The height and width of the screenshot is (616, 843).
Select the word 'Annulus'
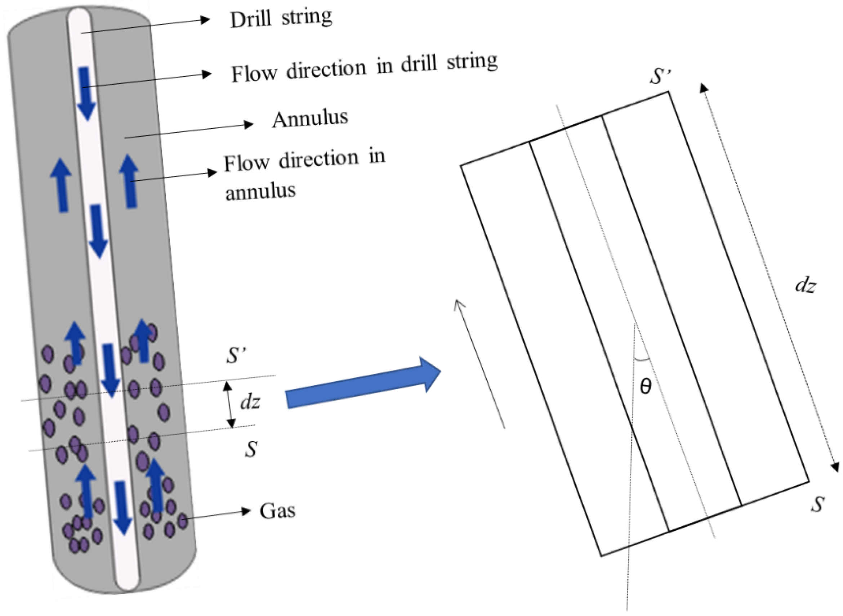[x=310, y=119]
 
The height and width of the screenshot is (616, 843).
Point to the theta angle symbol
[x=645, y=386]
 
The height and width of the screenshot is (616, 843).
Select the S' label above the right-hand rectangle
[x=660, y=76]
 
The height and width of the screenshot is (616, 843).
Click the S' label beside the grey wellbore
[x=237, y=355]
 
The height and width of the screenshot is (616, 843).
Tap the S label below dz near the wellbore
[x=251, y=449]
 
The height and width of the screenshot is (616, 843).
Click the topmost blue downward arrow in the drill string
[x=86, y=93]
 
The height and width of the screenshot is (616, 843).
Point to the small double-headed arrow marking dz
[x=229, y=405]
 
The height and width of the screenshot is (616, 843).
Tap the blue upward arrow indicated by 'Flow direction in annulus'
[x=129, y=181]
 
